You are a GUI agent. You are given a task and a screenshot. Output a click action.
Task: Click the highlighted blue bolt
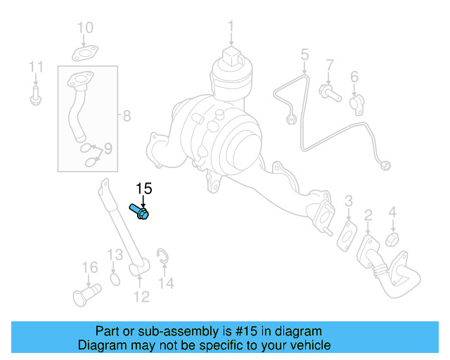(x=139, y=211)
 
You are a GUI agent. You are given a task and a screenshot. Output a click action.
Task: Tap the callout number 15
(x=143, y=188)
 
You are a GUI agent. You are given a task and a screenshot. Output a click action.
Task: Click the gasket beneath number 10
(x=84, y=52)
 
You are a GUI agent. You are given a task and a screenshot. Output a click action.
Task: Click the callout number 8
(x=126, y=116)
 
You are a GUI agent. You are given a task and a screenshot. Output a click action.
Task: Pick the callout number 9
(x=108, y=148)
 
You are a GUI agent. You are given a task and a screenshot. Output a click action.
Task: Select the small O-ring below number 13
(x=115, y=281)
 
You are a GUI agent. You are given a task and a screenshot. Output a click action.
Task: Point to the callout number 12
(x=141, y=297)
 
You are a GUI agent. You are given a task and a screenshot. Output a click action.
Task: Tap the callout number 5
(x=305, y=53)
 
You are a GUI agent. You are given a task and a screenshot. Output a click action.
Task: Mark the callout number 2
(x=368, y=214)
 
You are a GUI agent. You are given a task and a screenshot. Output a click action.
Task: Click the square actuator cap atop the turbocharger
(x=231, y=56)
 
